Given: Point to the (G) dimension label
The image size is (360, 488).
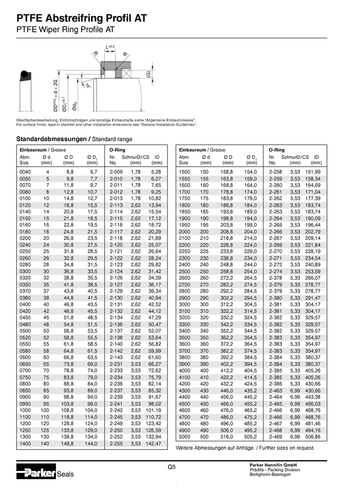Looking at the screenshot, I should (x=148, y=75).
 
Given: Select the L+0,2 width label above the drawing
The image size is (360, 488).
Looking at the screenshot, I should (x=110, y=47).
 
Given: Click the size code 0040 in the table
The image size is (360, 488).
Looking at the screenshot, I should (x=25, y=172).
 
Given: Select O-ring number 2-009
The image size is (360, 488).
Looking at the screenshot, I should (x=116, y=172).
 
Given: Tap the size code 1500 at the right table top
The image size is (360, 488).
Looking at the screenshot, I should (x=185, y=172).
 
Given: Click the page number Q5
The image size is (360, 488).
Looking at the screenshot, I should (x=171, y=466).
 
